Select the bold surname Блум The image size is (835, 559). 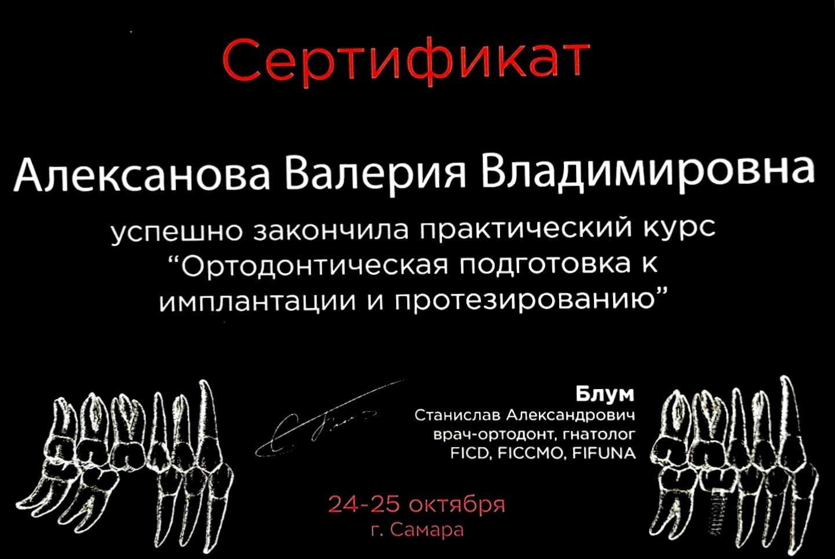pos(604,394)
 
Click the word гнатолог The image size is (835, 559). pos(599,435)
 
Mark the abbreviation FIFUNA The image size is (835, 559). pos(603,453)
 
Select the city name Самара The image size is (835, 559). pos(428,530)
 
